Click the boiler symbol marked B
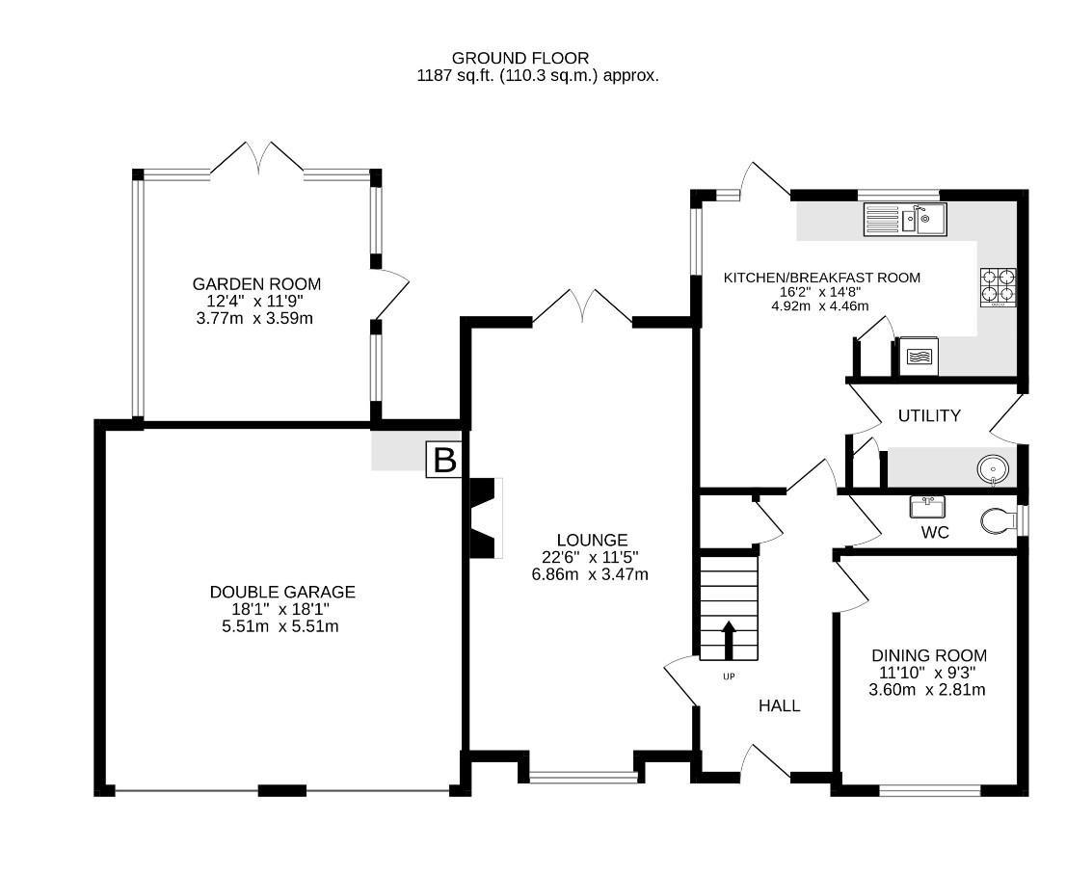click(444, 460)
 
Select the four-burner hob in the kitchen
click(999, 287)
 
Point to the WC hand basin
click(928, 505)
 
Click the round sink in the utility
click(993, 469)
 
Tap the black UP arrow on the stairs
click(728, 639)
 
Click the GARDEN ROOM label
click(256, 284)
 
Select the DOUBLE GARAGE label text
click(282, 592)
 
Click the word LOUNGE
click(592, 540)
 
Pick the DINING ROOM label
click(929, 655)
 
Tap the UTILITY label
click(929, 416)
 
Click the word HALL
click(779, 705)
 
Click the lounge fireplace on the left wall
click(486, 517)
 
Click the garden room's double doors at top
click(256, 159)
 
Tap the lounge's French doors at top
click(583, 307)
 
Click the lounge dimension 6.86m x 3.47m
click(590, 574)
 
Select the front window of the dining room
click(929, 790)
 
